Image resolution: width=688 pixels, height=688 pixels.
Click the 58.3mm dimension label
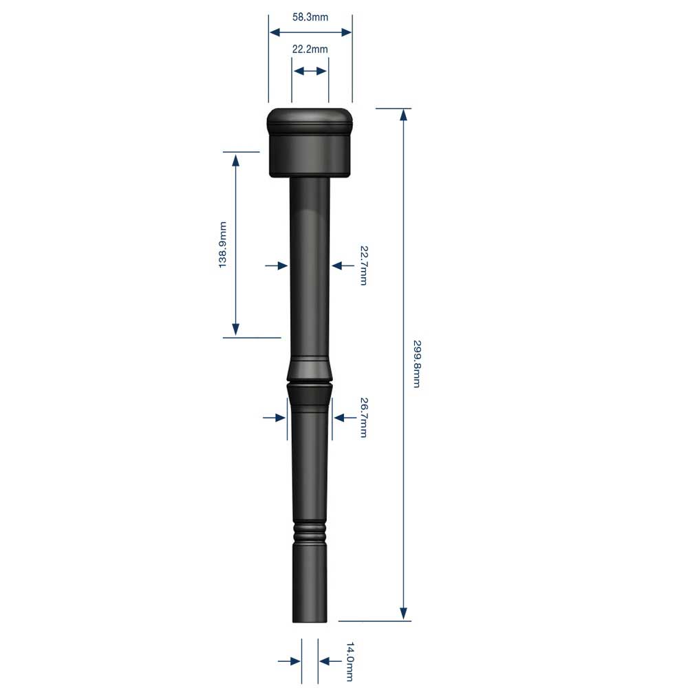point(310,17)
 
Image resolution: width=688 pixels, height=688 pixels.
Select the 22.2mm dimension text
point(310,50)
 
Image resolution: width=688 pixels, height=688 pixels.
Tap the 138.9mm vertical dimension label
point(223,245)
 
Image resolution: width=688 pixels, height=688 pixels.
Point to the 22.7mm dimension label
point(363,265)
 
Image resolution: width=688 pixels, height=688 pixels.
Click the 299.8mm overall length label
point(416,363)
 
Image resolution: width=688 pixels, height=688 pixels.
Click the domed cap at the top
point(310,120)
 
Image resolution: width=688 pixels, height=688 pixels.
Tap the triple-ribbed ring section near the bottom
point(310,531)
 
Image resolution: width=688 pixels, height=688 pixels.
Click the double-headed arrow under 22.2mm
point(310,71)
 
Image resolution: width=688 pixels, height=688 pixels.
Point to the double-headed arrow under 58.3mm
point(310,32)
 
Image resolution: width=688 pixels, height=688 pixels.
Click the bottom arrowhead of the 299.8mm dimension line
point(404,614)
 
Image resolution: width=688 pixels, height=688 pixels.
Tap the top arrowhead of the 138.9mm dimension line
point(236,160)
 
